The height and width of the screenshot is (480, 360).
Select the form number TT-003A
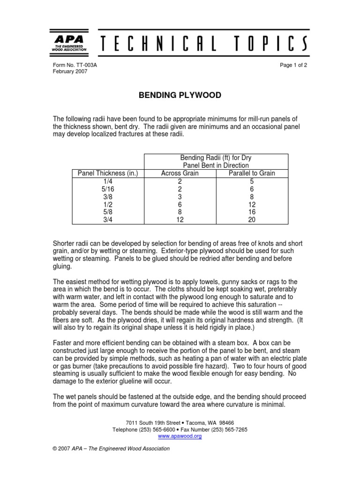click(87, 65)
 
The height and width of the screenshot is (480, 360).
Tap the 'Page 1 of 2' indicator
click(293, 65)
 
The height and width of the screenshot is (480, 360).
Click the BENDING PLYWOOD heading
click(180, 96)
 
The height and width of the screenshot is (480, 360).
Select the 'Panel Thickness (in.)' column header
click(107, 173)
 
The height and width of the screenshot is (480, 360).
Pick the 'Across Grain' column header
click(180, 173)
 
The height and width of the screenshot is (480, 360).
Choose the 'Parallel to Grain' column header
click(252, 173)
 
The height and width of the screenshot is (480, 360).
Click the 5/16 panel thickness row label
click(107, 188)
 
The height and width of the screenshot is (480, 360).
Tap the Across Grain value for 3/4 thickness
click(180, 219)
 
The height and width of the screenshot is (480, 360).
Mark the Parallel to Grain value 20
click(252, 219)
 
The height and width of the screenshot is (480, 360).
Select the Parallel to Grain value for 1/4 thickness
click(252, 181)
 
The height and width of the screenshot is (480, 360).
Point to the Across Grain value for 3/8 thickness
click(180, 196)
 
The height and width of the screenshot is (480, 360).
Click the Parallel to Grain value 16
click(252, 211)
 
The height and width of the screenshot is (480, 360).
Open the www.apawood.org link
click(180, 436)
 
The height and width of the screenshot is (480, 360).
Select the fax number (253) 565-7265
click(229, 429)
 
